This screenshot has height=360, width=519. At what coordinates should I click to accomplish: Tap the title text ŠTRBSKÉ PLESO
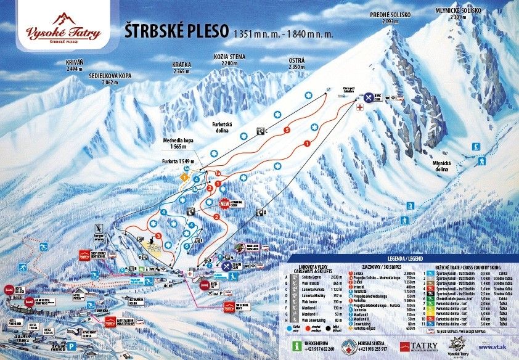[x=176, y=31]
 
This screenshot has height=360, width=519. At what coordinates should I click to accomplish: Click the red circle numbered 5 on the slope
[x=287, y=130]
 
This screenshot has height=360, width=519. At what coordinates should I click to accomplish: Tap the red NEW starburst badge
[x=224, y=203]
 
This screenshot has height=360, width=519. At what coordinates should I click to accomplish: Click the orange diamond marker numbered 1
[x=183, y=177]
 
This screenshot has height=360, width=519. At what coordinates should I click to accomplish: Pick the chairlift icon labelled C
[x=261, y=131]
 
